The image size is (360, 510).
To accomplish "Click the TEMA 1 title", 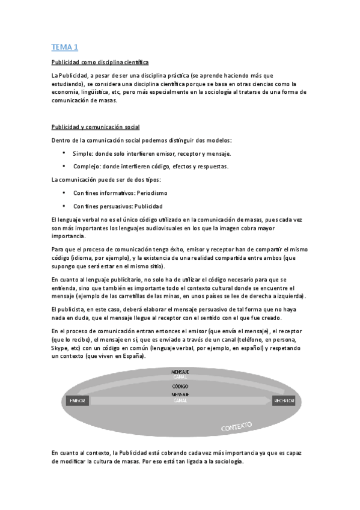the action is pyautogui.click(x=65, y=47).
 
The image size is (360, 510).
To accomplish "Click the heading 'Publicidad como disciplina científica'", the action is pyautogui.click(x=100, y=62).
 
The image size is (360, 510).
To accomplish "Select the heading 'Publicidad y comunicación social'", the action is pyautogui.click(x=95, y=127).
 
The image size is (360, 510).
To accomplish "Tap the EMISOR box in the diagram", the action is pyautogui.click(x=78, y=400).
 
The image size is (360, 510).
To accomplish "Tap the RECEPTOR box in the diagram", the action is pyautogui.click(x=284, y=400).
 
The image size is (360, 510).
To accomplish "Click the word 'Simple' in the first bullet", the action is pyautogui.click(x=82, y=154).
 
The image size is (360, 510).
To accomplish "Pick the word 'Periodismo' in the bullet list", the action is pyautogui.click(x=151, y=193).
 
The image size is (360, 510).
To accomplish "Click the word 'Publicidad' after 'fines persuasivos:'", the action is pyautogui.click(x=148, y=206).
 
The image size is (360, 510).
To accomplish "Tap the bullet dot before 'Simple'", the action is pyautogui.click(x=64, y=154).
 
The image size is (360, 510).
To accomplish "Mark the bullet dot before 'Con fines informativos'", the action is pyautogui.click(x=64, y=193).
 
